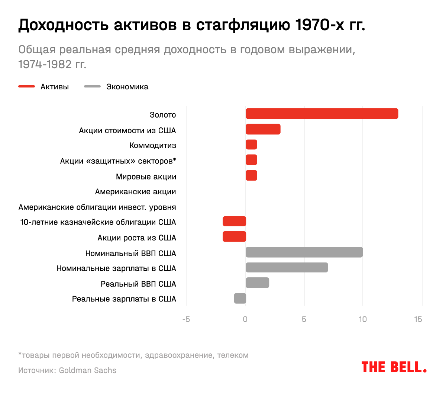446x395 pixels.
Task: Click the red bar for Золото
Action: tap(322, 114)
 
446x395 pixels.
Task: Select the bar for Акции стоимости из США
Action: tap(263, 129)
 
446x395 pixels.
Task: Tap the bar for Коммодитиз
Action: tap(251, 144)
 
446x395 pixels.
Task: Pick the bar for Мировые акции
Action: tap(251, 175)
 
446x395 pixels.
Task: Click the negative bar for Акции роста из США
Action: tap(234, 237)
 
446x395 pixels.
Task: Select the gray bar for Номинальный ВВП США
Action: tap(304, 252)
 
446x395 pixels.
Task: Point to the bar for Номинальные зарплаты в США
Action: tap(287, 267)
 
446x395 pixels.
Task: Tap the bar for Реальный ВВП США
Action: tap(257, 283)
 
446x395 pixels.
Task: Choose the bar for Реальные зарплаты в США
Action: tap(240, 298)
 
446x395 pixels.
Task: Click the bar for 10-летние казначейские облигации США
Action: tap(234, 221)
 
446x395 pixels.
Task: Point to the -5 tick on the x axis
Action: tap(186, 319)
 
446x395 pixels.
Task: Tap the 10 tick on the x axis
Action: tap(363, 319)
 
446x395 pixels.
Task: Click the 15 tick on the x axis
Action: tap(418, 319)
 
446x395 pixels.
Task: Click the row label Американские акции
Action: tap(135, 192)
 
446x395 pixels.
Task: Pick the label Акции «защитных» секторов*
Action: tap(118, 161)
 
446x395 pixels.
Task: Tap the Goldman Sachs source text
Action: tap(88, 370)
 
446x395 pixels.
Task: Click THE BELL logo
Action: tap(394, 367)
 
